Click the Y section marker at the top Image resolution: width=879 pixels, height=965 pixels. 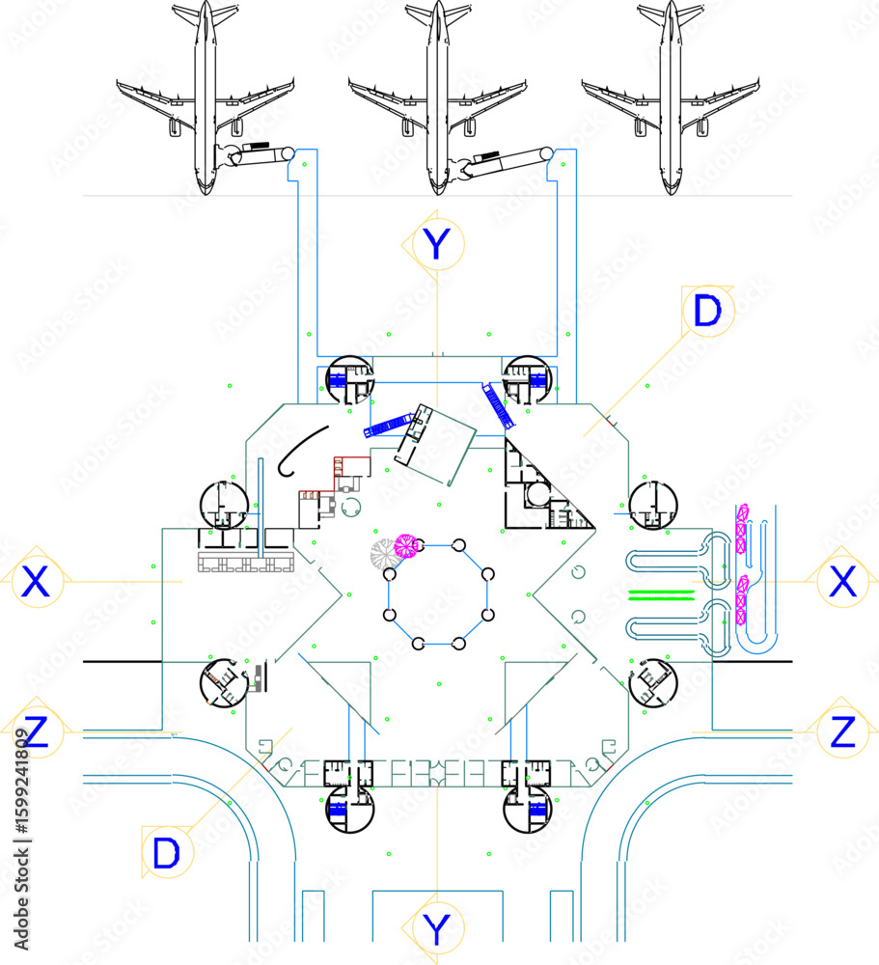coord(437,244)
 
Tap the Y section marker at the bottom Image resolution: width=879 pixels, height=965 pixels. coord(437,928)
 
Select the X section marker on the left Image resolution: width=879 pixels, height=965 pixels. coord(36,581)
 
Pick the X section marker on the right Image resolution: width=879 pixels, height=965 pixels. coord(842,581)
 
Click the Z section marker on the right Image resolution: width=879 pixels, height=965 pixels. coord(842,731)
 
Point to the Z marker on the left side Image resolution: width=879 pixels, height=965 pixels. coord(36,731)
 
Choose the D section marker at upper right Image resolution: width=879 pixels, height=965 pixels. coord(708,311)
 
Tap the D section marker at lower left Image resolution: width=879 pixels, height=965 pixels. coord(167,852)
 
